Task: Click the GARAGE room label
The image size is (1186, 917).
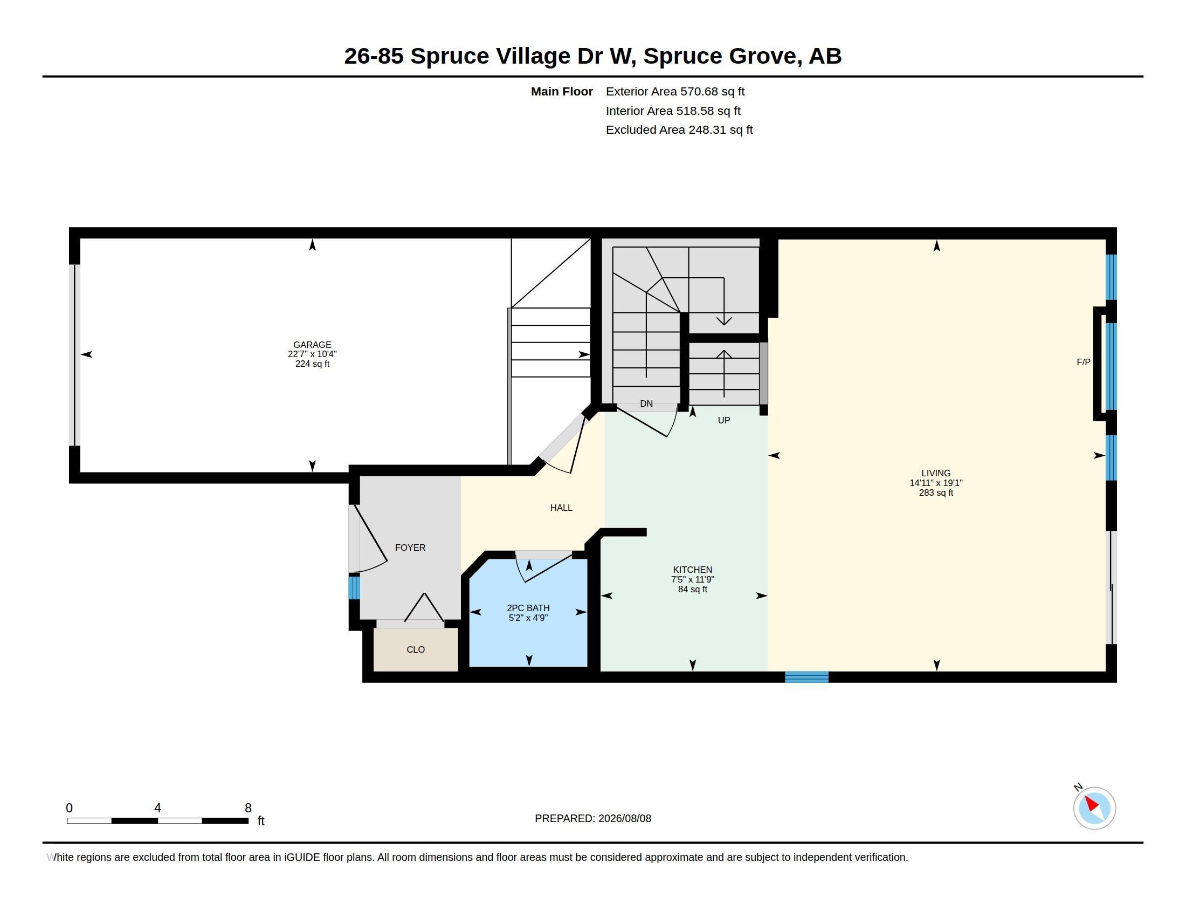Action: pos(312,345)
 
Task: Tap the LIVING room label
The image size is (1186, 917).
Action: pos(936,473)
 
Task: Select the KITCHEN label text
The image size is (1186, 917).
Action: pos(692,569)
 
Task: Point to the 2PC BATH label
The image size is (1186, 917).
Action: pos(528,608)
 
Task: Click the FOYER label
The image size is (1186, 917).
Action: pos(410,548)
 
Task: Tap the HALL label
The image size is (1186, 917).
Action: pos(561,508)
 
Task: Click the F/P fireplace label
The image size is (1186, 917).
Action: pos(1084,362)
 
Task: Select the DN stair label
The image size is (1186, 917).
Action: pos(646,403)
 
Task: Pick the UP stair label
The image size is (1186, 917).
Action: pos(724,420)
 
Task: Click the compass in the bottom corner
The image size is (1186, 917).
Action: pos(1094,808)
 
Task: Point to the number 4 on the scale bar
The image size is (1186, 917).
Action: pos(157,808)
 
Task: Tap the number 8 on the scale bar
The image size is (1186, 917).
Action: pos(248,808)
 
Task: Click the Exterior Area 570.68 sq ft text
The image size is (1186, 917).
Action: pos(675,92)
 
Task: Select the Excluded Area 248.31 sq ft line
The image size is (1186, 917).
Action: pos(679,130)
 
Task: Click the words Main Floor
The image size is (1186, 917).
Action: pos(562,92)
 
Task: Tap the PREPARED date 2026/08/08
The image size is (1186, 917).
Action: pos(624,818)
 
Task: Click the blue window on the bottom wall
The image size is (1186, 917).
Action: pos(806,677)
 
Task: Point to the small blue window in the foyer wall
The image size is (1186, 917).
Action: pos(354,587)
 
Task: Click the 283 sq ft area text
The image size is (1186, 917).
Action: pos(936,492)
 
